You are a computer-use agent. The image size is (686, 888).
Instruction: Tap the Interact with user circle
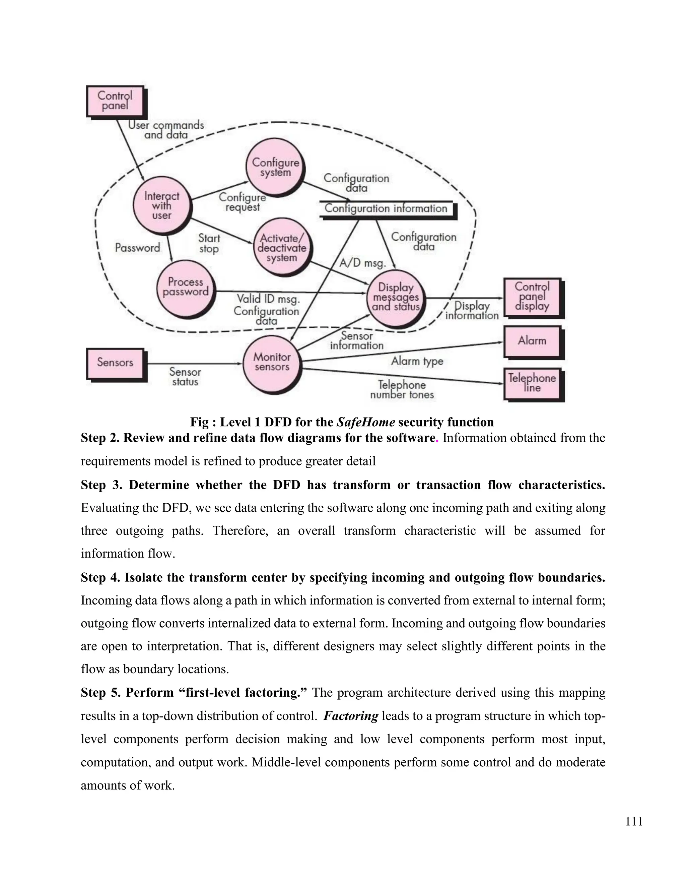click(x=162, y=206)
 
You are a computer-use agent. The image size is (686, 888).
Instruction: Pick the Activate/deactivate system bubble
click(x=282, y=248)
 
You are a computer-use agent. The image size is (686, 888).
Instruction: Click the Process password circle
click(x=185, y=287)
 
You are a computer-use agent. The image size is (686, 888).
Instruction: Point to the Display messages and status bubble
click(x=396, y=297)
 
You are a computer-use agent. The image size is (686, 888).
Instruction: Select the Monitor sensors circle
click(x=272, y=362)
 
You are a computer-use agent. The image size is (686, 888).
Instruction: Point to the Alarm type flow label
click(x=417, y=361)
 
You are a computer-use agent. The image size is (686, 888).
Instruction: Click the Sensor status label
click(x=185, y=377)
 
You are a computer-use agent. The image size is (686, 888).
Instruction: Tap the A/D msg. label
click(x=362, y=263)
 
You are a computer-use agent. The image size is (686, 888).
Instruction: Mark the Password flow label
click(x=137, y=248)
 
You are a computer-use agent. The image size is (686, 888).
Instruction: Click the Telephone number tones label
click(x=402, y=389)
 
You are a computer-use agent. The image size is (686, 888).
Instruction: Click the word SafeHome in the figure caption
click(x=365, y=423)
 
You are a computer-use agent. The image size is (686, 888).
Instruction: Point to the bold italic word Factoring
click(x=351, y=716)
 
